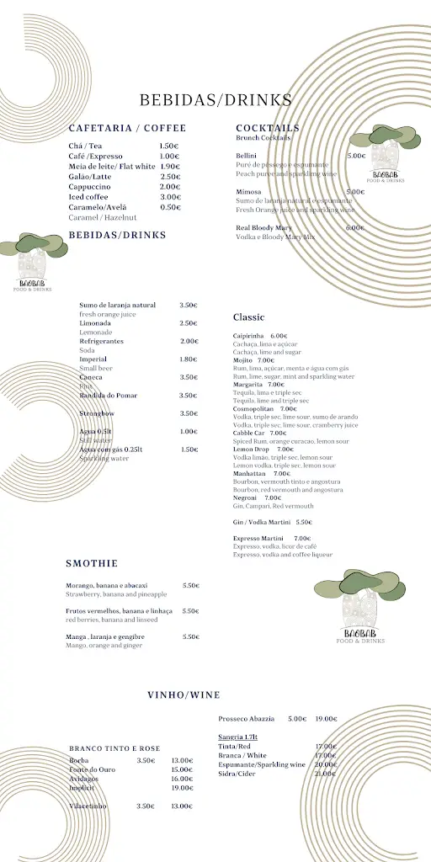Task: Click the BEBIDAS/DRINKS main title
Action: tap(215, 100)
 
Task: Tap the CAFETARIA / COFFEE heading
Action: tap(127, 128)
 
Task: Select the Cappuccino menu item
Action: tap(88, 187)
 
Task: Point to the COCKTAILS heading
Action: tap(268, 128)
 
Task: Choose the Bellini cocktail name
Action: tap(246, 156)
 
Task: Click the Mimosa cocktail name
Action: tap(248, 192)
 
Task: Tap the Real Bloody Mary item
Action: tap(264, 228)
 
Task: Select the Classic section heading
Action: tap(248, 317)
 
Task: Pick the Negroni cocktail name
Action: tap(246, 498)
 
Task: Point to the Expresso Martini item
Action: tap(258, 538)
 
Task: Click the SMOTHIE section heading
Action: tap(92, 563)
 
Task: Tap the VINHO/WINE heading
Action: tap(184, 695)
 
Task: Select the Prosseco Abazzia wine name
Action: tap(247, 719)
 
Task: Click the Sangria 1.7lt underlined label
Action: tap(238, 737)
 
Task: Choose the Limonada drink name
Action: tap(95, 323)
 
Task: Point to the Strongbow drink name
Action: tap(96, 413)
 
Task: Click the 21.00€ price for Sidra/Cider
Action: tap(326, 774)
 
